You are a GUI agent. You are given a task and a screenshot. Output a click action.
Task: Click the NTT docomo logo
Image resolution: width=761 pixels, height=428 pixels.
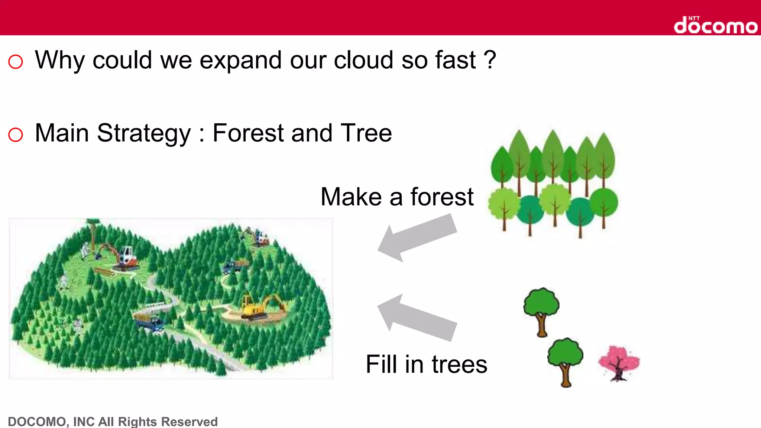pos(715,25)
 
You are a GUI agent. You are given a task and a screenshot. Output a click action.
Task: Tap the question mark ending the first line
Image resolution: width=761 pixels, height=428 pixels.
pos(490,60)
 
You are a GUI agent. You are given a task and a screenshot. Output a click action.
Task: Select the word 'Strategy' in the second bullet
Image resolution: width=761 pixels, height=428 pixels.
pos(144,134)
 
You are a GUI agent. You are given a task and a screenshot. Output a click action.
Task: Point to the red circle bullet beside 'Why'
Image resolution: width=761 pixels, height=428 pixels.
pos(16,62)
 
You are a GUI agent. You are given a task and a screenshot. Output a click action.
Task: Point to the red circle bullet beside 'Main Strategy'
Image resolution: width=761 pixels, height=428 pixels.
pos(16,134)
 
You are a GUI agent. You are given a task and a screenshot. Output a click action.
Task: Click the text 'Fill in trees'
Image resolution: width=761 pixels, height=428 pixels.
pos(426,364)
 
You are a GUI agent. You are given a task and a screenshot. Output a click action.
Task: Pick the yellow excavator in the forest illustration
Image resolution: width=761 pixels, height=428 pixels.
pos(256,307)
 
